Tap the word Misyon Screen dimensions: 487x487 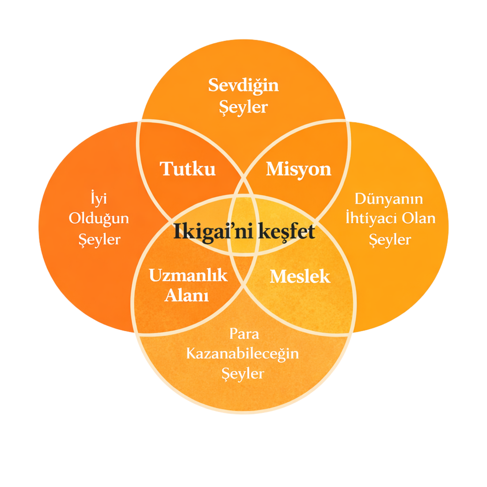pyautogui.click(x=299, y=169)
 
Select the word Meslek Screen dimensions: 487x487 pyautogui.click(x=300, y=277)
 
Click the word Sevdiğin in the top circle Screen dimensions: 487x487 pyautogui.click(x=243, y=85)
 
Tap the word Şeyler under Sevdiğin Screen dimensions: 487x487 pyautogui.click(x=243, y=107)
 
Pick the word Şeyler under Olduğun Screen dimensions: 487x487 pyautogui.click(x=100, y=239)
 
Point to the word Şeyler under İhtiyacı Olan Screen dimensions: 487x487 pyautogui.click(x=390, y=239)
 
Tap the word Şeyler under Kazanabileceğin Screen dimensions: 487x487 pyautogui.click(x=243, y=373)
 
